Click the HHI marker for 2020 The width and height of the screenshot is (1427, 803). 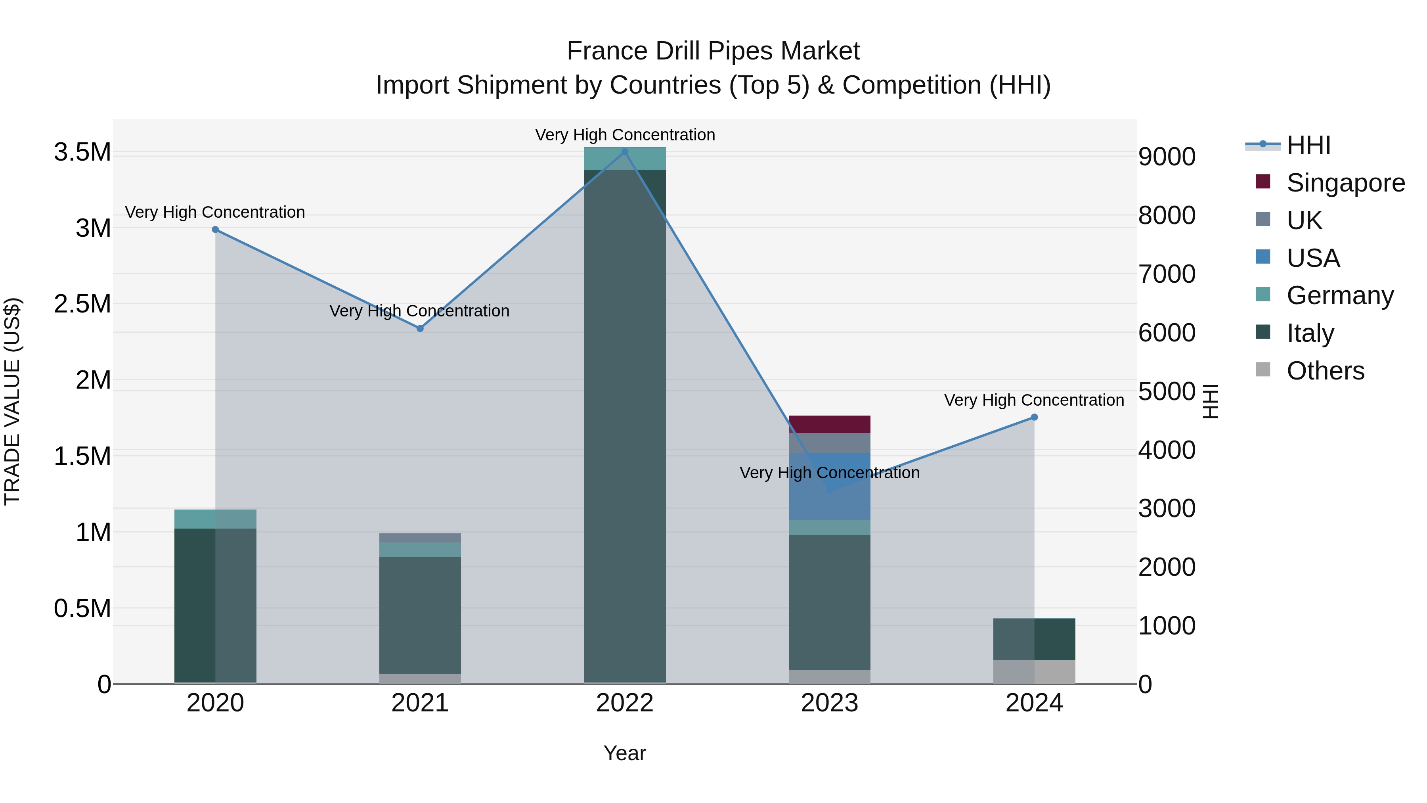[x=216, y=230]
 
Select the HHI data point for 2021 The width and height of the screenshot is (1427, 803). [x=420, y=329]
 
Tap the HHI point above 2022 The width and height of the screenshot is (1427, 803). [x=625, y=152]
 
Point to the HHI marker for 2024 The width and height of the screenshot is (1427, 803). [x=1034, y=417]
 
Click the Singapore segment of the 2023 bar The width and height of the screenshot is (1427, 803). [x=829, y=424]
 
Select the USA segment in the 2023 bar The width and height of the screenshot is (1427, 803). [x=829, y=487]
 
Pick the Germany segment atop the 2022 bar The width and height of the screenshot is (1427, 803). [x=625, y=159]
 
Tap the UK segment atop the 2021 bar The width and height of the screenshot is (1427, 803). [x=420, y=538]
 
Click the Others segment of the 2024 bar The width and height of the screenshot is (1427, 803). [x=1034, y=672]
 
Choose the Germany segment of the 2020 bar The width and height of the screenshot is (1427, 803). [x=216, y=519]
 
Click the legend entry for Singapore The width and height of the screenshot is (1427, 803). [x=1345, y=183]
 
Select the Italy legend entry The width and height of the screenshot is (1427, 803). [x=1310, y=333]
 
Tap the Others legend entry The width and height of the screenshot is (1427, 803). [x=1325, y=371]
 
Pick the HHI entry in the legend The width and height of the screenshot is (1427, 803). [x=1308, y=145]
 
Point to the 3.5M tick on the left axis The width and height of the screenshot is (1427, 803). [x=82, y=152]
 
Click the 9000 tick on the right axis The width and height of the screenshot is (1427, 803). [x=1167, y=157]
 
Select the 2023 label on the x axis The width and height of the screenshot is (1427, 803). [x=829, y=703]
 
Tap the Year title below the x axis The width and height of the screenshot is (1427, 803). [x=624, y=753]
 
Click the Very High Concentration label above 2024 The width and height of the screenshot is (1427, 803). [x=1034, y=400]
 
